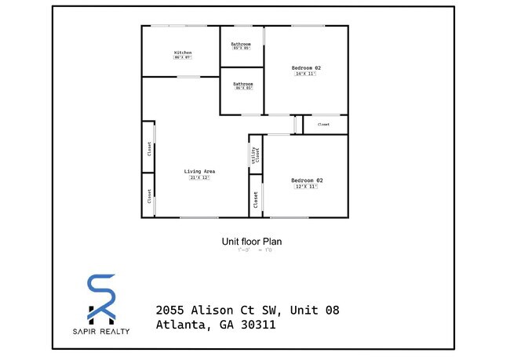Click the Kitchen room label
(x=183, y=53)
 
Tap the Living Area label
(x=200, y=171)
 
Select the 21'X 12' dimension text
(x=200, y=178)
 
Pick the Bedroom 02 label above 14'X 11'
(x=306, y=68)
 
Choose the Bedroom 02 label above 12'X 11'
(x=308, y=180)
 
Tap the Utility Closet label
(x=255, y=154)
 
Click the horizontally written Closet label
(x=323, y=125)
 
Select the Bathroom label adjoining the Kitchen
(x=241, y=43)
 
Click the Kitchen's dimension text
(x=183, y=57)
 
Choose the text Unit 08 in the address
(x=315, y=311)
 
